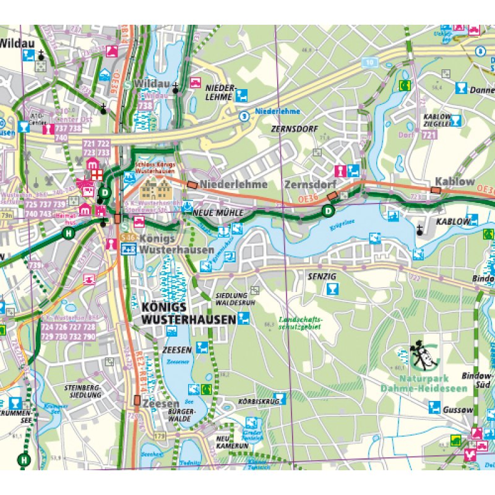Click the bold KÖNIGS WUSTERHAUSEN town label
[x=188, y=313]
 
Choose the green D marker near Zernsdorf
[x=327, y=212]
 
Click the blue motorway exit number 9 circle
[x=245, y=115]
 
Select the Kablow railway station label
[x=454, y=182]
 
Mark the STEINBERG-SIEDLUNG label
[x=82, y=391]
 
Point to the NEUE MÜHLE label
[x=216, y=213]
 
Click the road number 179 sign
[x=161, y=437]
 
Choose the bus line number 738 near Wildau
[x=147, y=106]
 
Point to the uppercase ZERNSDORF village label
[x=294, y=129]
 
